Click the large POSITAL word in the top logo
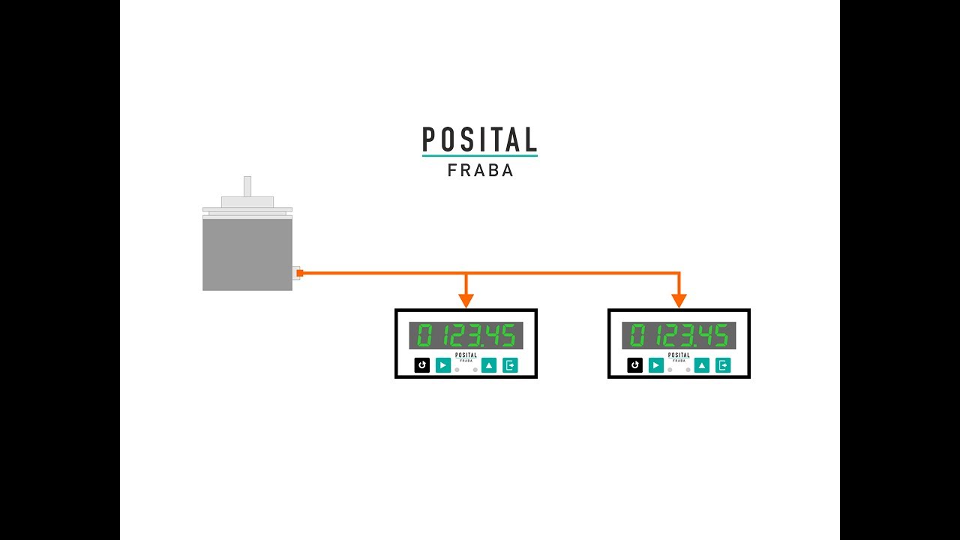pos(479,139)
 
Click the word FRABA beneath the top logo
pos(480,170)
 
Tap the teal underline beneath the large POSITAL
pos(479,155)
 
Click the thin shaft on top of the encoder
pos(247,187)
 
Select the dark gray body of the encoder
pos(247,254)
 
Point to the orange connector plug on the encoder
pos(299,273)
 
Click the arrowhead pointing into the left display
pos(466,301)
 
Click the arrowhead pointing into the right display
pos(679,301)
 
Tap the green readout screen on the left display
pos(466,335)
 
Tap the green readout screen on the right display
pos(679,335)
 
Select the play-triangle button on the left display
pos(443,365)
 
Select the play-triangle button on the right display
pos(656,365)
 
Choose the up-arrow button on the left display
pos(489,365)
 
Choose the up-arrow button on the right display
pos(701,365)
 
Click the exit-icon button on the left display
pos(510,365)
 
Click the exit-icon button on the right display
pos(723,365)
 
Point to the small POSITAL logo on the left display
pos(466,357)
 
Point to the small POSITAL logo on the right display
pos(679,357)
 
